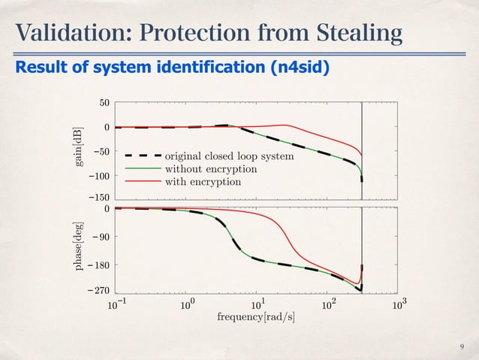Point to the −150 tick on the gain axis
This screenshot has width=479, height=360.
point(98,198)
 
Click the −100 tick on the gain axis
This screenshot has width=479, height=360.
point(98,176)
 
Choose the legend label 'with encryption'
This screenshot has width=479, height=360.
point(203,181)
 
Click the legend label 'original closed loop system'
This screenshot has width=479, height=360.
point(229,157)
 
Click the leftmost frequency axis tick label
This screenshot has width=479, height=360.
point(115,304)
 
